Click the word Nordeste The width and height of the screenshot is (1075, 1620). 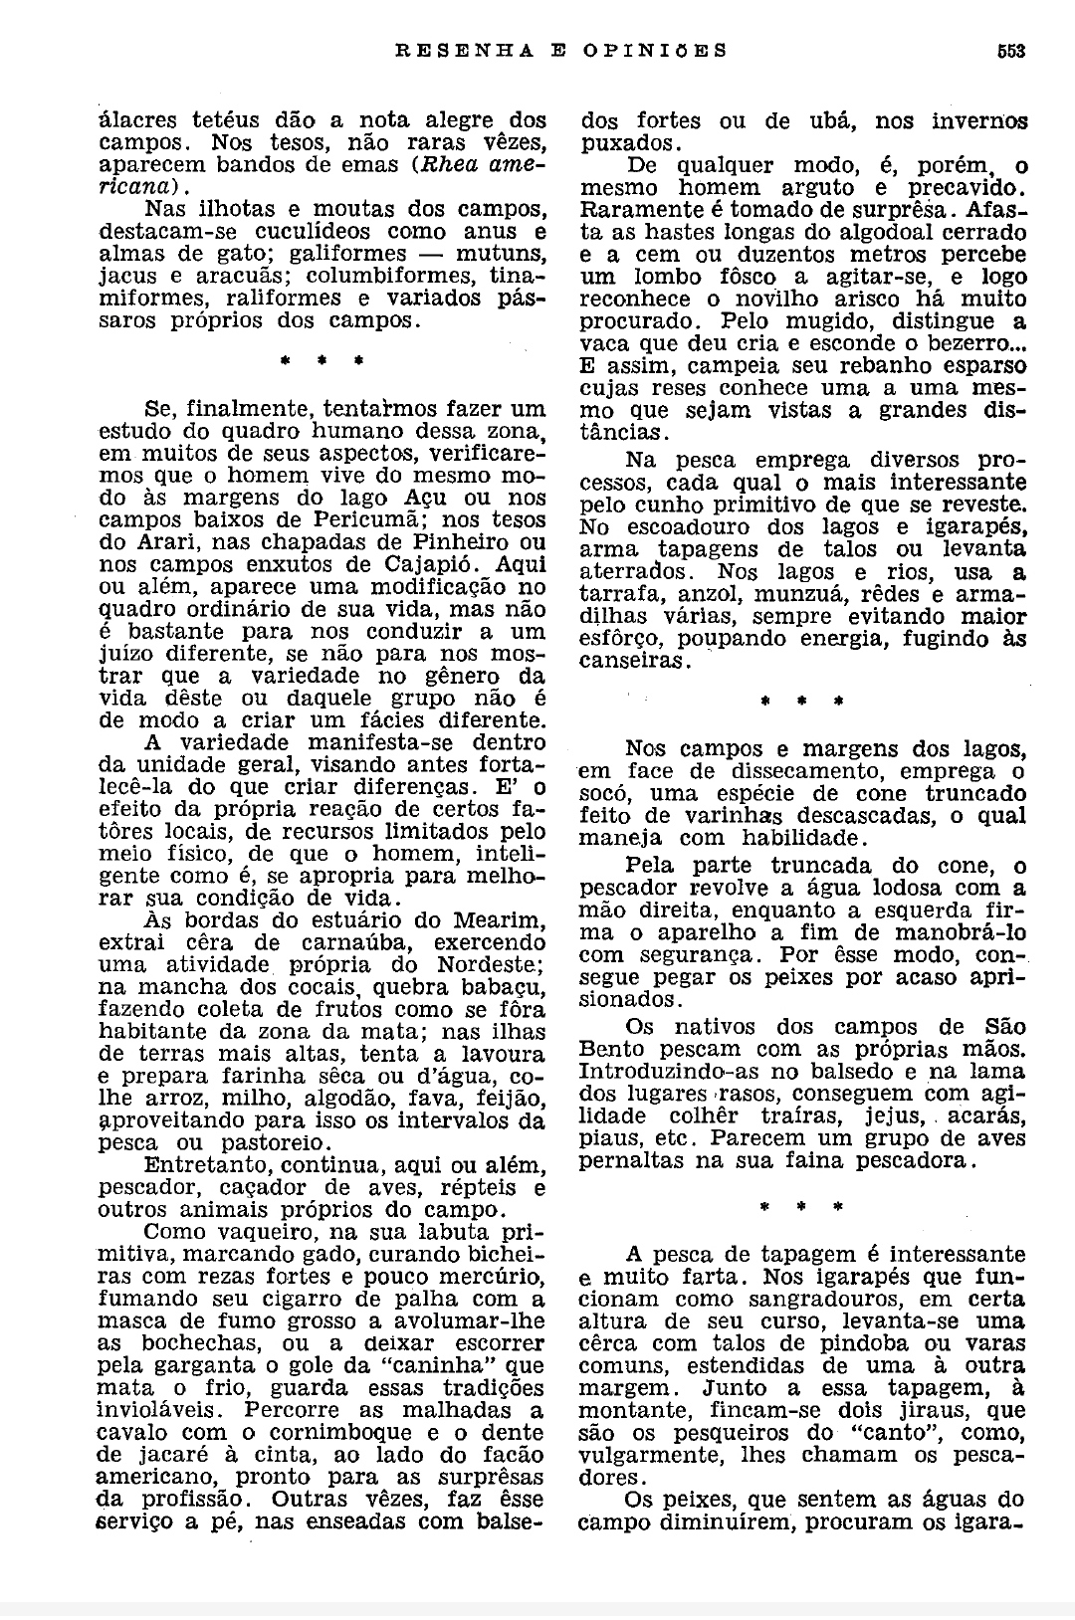coord(489,964)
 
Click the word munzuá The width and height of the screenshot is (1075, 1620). coord(803,595)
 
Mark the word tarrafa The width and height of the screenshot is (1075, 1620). coord(614,595)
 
